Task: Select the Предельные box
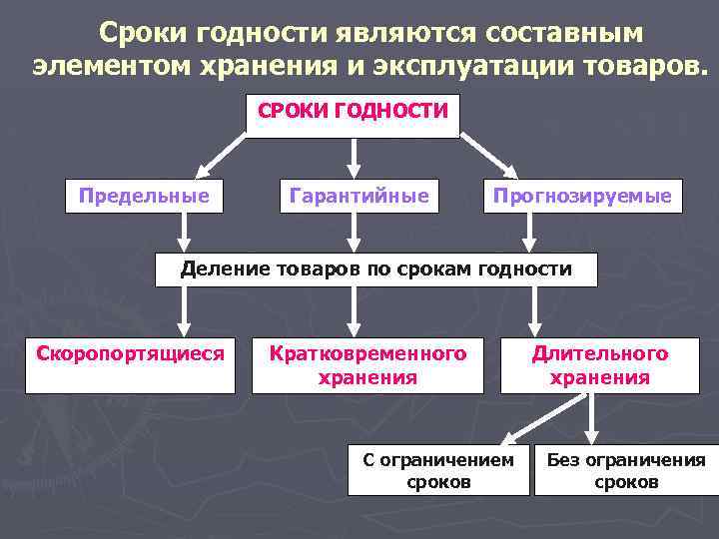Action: click(144, 197)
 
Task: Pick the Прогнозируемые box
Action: click(583, 197)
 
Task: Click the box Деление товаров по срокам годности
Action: click(375, 269)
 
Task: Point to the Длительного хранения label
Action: click(599, 365)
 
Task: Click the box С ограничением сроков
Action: click(438, 470)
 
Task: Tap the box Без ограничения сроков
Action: click(624, 470)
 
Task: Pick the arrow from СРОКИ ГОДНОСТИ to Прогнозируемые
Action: click(489, 158)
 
